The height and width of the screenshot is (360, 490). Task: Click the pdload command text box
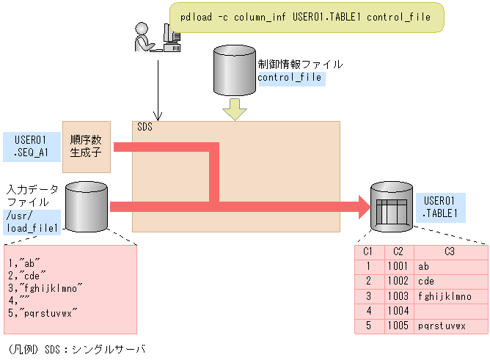click(x=306, y=17)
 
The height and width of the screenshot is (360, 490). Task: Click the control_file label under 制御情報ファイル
click(x=290, y=77)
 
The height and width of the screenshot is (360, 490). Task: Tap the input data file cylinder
click(x=87, y=207)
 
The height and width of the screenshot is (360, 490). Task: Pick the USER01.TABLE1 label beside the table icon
click(x=441, y=207)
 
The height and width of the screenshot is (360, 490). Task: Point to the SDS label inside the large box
click(x=145, y=128)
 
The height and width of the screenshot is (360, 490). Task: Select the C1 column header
click(x=368, y=251)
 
